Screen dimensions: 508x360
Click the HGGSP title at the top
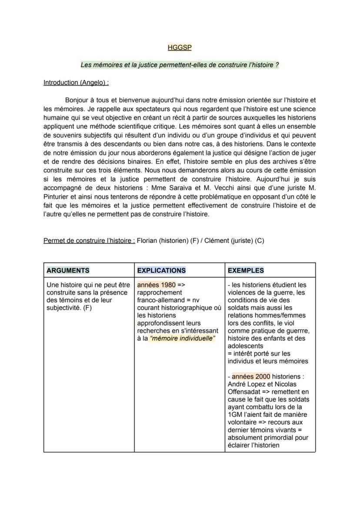pyautogui.click(x=180, y=48)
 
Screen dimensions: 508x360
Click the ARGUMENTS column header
pyautogui.click(x=68, y=270)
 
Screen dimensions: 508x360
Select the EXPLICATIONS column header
pyautogui.click(x=161, y=270)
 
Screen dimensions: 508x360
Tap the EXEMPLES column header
pyautogui.click(x=246, y=270)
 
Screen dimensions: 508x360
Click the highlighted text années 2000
pyautogui.click(x=251, y=376)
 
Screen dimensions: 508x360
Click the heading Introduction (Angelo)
pyautogui.click(x=76, y=83)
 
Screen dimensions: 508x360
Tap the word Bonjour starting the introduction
pyautogui.click(x=77, y=100)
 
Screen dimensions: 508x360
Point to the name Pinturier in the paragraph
pyautogui.click(x=59, y=196)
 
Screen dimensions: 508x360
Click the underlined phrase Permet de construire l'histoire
pyautogui.click(x=89, y=241)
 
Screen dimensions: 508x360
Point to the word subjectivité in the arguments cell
pyautogui.click(x=63, y=308)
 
